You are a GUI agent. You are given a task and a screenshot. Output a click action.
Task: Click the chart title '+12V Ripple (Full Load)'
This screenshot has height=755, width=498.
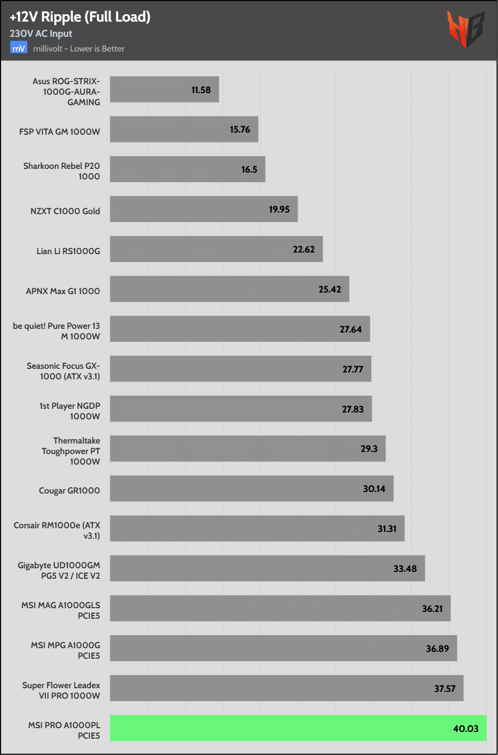pyautogui.click(x=80, y=17)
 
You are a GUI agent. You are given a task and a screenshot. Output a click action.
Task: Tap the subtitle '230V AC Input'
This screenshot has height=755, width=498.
pyautogui.click(x=41, y=34)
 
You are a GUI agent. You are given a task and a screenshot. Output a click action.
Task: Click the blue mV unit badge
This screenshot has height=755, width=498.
pyautogui.click(x=18, y=48)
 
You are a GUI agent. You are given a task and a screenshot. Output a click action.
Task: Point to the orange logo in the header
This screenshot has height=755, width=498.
pyautogui.click(x=465, y=29)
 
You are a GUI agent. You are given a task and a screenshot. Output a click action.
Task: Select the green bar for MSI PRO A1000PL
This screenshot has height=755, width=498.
pyautogui.click(x=298, y=728)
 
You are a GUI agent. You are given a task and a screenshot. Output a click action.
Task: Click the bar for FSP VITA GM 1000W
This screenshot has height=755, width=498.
pyautogui.click(x=184, y=129)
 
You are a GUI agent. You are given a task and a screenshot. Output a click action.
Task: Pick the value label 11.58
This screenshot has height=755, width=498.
pyautogui.click(x=201, y=90)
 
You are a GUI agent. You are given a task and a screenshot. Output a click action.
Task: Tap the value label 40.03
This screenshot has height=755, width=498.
pyautogui.click(x=465, y=729)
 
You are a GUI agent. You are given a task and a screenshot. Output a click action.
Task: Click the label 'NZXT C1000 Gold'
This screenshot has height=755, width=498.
pyautogui.click(x=65, y=211)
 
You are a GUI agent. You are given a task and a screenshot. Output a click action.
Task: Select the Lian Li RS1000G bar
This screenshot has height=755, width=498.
pyautogui.click(x=216, y=249)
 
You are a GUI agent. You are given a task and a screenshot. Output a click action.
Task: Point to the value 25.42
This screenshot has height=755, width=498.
pyautogui.click(x=330, y=289)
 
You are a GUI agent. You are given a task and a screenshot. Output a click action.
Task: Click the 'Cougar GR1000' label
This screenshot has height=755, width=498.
pyautogui.click(x=69, y=490)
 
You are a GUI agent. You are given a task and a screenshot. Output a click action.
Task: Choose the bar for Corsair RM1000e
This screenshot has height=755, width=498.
pyautogui.click(x=257, y=528)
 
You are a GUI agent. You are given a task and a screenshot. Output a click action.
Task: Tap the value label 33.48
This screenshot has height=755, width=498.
pyautogui.click(x=405, y=569)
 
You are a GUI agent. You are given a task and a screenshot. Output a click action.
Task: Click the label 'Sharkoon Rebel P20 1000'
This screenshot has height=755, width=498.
pyautogui.click(x=62, y=171)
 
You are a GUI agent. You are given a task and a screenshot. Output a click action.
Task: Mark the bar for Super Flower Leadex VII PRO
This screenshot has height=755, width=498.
pyautogui.click(x=287, y=688)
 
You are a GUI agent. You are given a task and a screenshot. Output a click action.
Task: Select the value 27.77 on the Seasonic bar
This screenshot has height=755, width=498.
pyautogui.click(x=353, y=369)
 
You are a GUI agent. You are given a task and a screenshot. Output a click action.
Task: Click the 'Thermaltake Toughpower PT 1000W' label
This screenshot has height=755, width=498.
pyautogui.click(x=71, y=451)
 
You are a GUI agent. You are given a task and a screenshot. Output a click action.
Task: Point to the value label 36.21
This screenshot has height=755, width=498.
pyautogui.click(x=432, y=609)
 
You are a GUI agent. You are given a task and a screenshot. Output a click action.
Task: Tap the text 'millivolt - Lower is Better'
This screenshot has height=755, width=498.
pyautogui.click(x=79, y=49)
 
